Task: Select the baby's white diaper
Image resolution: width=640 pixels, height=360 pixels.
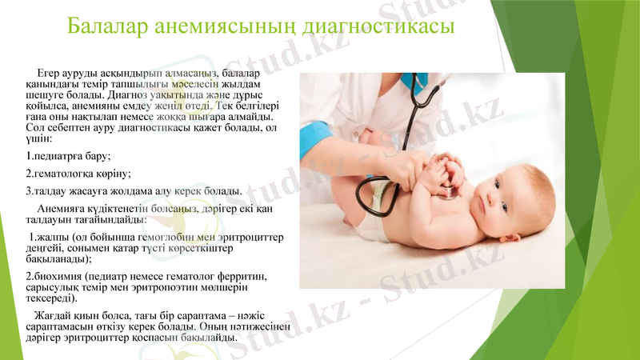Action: pyautogui.click(x=370, y=226)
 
